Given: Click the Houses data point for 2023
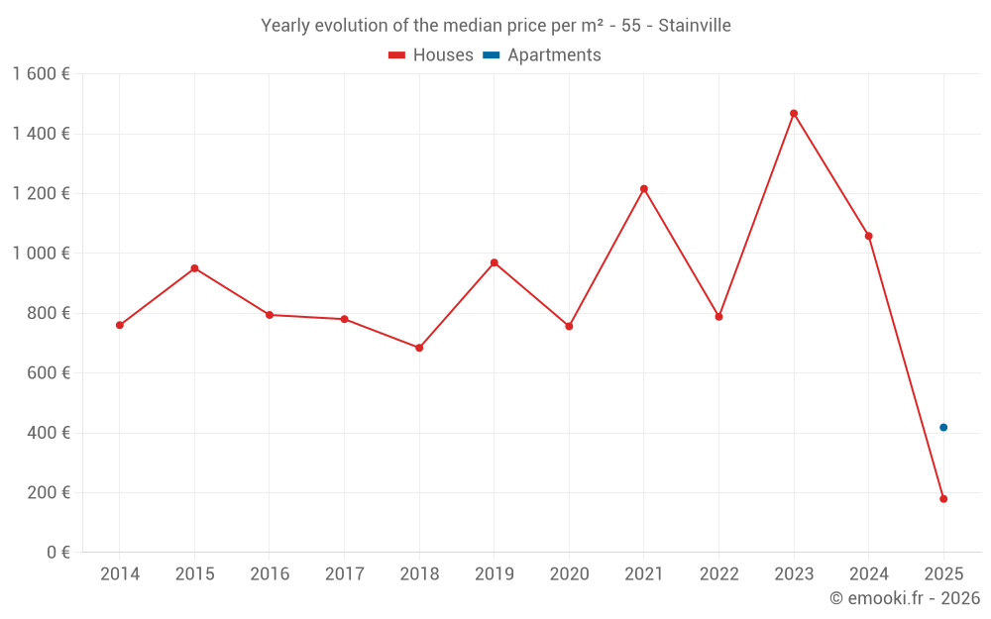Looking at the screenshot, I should pyautogui.click(x=794, y=113).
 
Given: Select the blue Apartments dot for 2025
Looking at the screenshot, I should pyautogui.click(x=943, y=427).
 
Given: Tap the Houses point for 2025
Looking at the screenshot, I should pyautogui.click(x=943, y=498).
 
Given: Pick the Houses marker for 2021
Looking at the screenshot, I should pyautogui.click(x=644, y=188).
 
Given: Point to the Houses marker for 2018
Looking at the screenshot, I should pyautogui.click(x=419, y=348).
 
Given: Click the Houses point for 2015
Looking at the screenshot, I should pyautogui.click(x=194, y=268).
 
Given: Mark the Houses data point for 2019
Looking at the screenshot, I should pyautogui.click(x=494, y=262).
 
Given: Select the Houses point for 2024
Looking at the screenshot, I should pyautogui.click(x=869, y=236).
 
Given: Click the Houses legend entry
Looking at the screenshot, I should pyautogui.click(x=430, y=55).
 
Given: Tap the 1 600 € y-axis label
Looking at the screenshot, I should pyautogui.click(x=41, y=74).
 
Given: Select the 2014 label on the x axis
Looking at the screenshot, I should pyautogui.click(x=120, y=574).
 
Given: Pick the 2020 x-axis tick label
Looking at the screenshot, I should pyautogui.click(x=569, y=574).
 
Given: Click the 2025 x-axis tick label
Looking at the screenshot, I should pyautogui.click(x=943, y=574).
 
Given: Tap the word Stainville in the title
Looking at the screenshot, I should pyautogui.click(x=694, y=26).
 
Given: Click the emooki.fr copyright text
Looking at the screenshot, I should pyautogui.click(x=904, y=598).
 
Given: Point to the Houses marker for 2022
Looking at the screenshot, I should pyautogui.click(x=718, y=317).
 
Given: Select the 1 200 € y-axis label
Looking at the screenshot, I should pyautogui.click(x=41, y=194).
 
